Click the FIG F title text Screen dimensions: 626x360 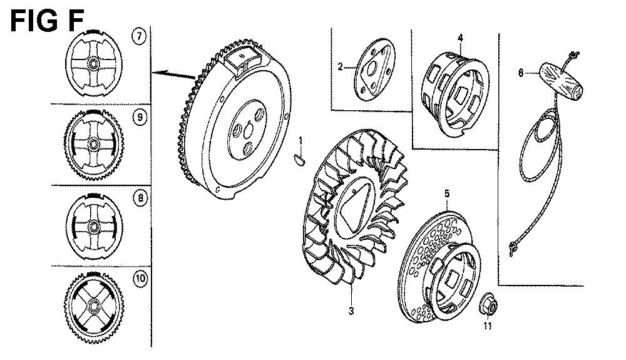click(47, 21)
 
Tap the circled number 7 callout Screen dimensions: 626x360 click(139, 36)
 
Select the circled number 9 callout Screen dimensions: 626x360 click(140, 117)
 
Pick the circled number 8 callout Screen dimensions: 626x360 click(140, 198)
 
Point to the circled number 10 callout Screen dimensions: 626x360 click(140, 278)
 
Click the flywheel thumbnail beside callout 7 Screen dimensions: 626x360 click(93, 63)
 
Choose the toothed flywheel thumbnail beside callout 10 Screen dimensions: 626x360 click(93, 307)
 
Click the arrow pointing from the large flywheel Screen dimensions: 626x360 click(175, 75)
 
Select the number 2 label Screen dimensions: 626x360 click(340, 66)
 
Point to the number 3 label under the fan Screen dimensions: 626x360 click(351, 311)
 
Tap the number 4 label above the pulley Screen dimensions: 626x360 click(460, 38)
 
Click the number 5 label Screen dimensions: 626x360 click(447, 193)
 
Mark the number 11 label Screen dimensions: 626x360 click(487, 326)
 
